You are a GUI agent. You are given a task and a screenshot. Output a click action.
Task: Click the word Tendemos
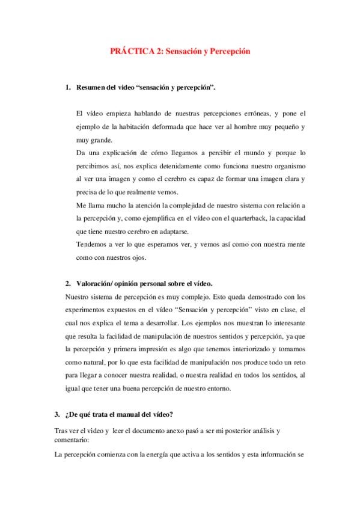93,244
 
